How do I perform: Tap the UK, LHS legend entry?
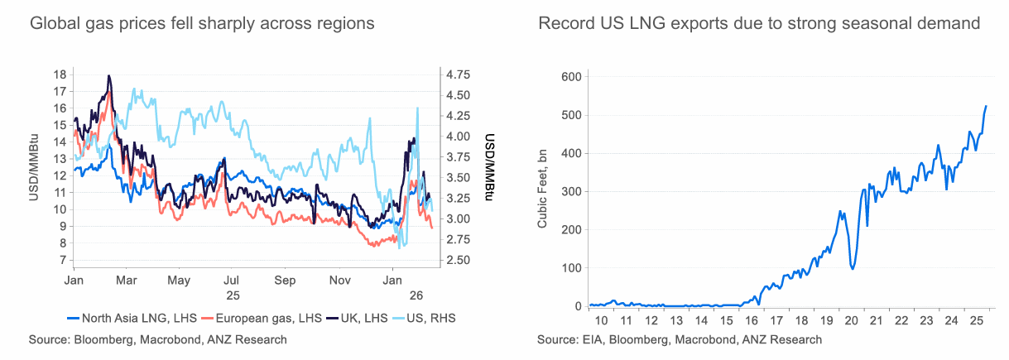click(x=357, y=317)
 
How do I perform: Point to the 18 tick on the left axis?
click(x=60, y=74)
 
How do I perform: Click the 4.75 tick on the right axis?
click(x=459, y=74)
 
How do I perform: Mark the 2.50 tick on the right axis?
click(x=459, y=260)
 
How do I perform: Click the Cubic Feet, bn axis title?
click(x=543, y=190)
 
